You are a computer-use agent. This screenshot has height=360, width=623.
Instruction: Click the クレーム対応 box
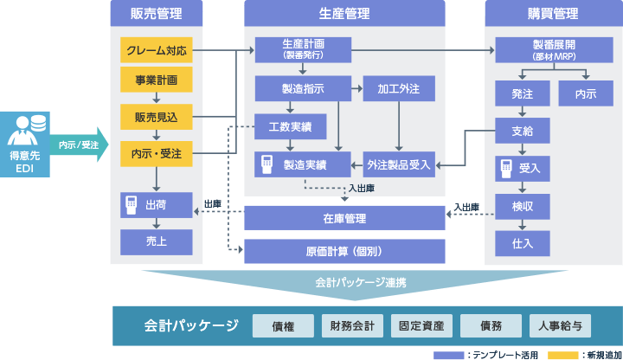(x=156, y=50)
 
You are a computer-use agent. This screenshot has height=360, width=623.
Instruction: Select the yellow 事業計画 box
(x=156, y=80)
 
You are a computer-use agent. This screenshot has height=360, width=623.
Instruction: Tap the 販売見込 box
(x=156, y=117)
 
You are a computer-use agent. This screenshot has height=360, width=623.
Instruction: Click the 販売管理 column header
(x=156, y=14)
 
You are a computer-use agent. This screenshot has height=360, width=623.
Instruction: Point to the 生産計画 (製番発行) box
(x=303, y=50)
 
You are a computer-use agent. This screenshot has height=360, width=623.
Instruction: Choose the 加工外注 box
(x=399, y=88)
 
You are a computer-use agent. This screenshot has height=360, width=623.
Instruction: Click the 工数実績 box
(x=290, y=126)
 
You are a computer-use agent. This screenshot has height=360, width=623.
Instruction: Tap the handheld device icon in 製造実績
(x=267, y=164)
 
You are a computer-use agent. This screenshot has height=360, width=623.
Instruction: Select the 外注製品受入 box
(x=399, y=164)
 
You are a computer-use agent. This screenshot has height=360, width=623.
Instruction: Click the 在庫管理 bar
(x=344, y=218)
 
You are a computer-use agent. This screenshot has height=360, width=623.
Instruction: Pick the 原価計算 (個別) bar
(x=344, y=251)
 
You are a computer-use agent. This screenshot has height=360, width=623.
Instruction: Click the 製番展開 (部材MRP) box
(x=554, y=50)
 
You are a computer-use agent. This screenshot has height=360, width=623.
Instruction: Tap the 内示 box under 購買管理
(x=586, y=93)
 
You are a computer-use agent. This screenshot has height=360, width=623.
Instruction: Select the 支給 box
(x=522, y=131)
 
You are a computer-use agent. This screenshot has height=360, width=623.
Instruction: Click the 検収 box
(x=522, y=207)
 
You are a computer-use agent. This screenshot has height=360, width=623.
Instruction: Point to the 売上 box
(x=156, y=242)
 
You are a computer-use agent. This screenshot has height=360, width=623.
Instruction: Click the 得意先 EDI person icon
(x=26, y=131)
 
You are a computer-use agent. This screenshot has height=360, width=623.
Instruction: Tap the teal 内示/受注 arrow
(x=79, y=145)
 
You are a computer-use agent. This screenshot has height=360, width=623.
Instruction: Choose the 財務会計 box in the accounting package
(x=352, y=326)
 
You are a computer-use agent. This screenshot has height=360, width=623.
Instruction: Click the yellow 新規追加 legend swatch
(x=562, y=355)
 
